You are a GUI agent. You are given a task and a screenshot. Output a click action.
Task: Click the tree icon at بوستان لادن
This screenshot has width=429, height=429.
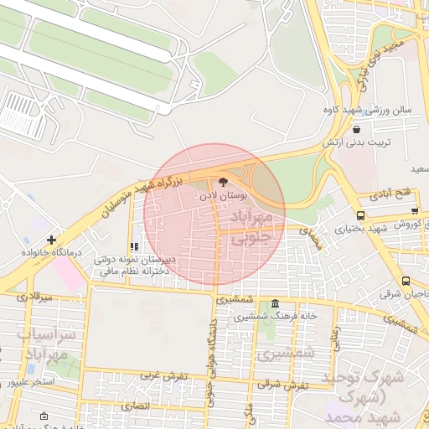point(223,181)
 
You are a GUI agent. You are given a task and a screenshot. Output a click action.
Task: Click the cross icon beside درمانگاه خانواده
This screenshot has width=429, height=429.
point(52,240)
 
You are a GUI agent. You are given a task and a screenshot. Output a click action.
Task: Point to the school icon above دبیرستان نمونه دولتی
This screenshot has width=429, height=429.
point(133,247)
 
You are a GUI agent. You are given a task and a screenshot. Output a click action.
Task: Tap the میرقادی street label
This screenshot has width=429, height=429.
point(34,297)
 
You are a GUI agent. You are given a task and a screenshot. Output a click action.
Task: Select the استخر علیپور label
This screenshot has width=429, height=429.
point(31,381)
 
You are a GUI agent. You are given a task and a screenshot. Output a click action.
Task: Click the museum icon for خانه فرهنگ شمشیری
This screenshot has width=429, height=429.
point(276,303)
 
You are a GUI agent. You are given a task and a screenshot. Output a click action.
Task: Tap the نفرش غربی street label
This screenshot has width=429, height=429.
point(164,376)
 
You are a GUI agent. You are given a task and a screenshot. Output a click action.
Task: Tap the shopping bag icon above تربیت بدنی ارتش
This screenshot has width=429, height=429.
point(358,130)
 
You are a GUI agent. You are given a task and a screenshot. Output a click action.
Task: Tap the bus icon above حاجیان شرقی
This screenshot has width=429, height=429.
point(406,282)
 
